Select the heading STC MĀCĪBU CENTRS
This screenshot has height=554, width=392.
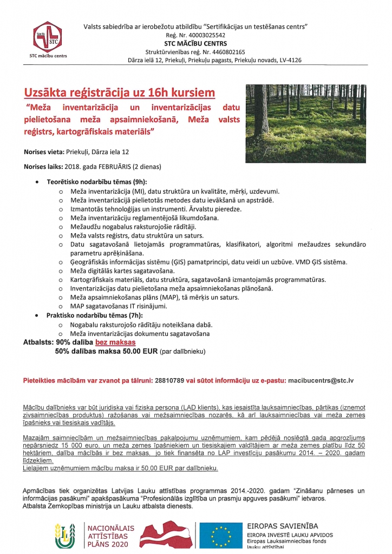tap(195, 43)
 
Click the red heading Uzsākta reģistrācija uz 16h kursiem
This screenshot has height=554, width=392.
tap(119, 91)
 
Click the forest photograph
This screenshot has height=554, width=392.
tap(305, 123)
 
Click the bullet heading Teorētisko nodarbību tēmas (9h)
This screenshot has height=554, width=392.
tap(96, 182)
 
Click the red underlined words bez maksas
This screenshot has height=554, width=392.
tap(115, 342)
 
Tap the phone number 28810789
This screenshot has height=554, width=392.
tap(168, 380)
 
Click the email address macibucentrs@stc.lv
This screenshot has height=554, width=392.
tap(321, 380)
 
